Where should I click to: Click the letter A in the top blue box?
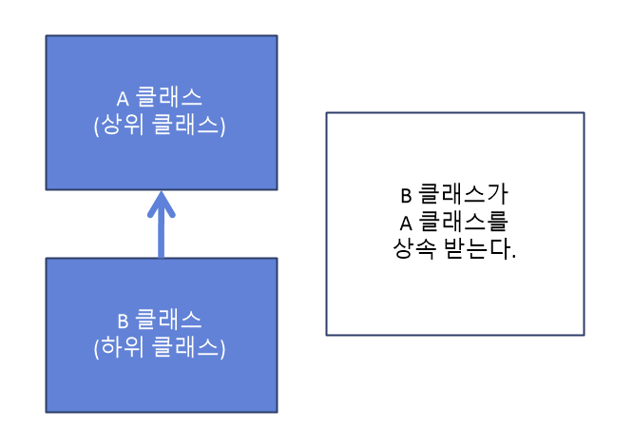(x=122, y=98)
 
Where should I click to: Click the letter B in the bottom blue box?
(x=122, y=321)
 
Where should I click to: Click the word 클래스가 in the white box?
(x=463, y=197)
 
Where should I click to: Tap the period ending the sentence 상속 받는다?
(x=513, y=258)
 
